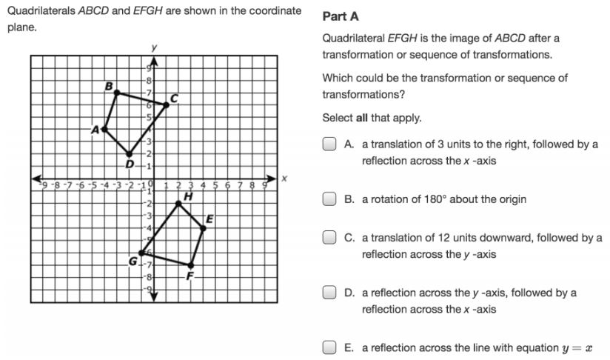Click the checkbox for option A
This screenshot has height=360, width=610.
tap(329, 144)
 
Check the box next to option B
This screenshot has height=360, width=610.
tap(329, 199)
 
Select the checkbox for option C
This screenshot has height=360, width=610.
tap(329, 238)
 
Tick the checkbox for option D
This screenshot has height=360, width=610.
tap(329, 293)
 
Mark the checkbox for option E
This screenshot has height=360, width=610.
tap(329, 347)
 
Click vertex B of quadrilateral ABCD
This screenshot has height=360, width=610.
tap(116, 93)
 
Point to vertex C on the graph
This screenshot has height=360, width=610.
tap(166, 104)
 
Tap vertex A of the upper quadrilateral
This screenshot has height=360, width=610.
tap(104, 129)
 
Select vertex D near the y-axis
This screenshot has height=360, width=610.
tap(129, 153)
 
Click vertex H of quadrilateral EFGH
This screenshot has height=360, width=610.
tap(178, 203)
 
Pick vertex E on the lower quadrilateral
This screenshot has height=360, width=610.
tap(203, 227)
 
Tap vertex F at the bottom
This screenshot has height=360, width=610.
tap(190, 264)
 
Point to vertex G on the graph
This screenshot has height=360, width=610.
tap(141, 253)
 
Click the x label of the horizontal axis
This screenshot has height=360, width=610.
tap(283, 179)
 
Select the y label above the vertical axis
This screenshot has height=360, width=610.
tap(154, 47)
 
